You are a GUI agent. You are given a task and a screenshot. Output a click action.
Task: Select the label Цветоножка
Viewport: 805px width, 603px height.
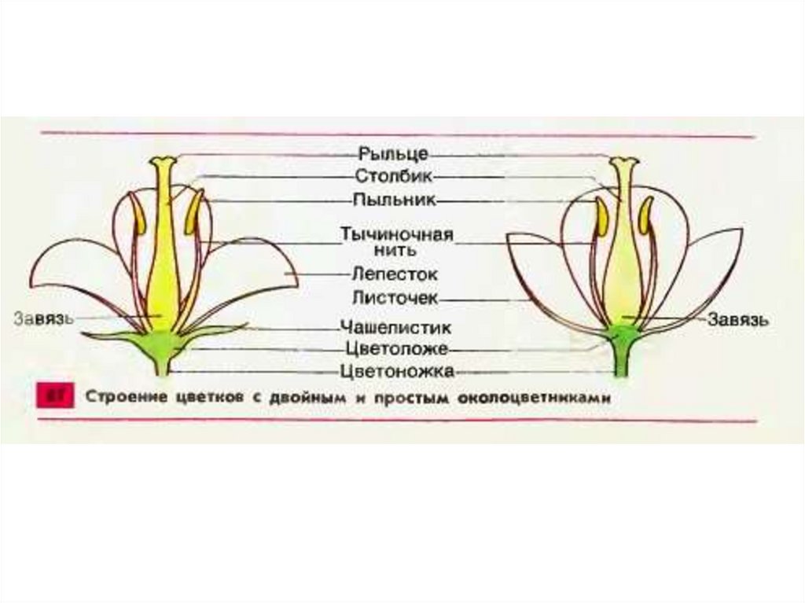(x=397, y=370)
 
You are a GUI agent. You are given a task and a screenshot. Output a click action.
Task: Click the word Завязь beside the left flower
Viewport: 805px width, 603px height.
(x=44, y=318)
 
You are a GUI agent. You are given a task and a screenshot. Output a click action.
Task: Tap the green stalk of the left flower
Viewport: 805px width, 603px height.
(x=163, y=364)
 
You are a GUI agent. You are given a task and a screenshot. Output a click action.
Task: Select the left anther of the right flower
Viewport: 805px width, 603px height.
(x=601, y=217)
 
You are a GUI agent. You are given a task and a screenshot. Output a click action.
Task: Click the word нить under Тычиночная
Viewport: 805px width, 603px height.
(x=395, y=249)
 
